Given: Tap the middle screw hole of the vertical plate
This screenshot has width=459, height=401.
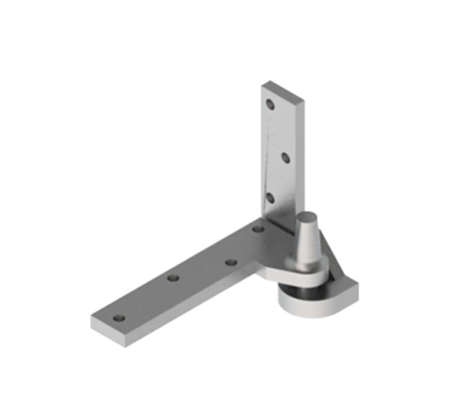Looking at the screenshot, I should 283,156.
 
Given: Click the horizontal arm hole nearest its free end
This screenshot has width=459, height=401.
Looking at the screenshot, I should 119,318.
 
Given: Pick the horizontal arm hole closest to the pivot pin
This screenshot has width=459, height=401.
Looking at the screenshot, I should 258,229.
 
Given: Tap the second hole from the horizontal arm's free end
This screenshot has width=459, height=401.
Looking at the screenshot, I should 173,278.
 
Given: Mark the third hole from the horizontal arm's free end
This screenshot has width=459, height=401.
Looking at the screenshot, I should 231,262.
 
